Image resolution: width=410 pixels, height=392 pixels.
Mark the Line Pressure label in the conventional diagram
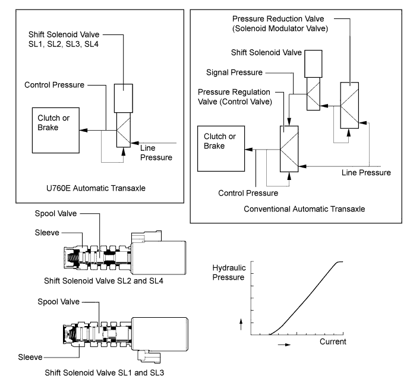click(367, 173)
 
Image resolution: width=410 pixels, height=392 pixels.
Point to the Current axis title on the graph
click(333, 342)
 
